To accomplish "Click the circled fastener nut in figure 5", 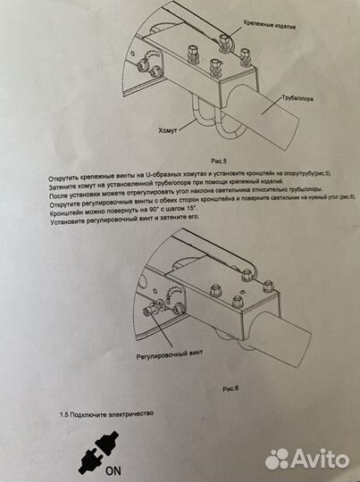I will pyautogui.click(x=223, y=38).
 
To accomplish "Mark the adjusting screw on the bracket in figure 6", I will pyautogui.click(x=153, y=308).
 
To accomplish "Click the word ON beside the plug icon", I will pyautogui.click(x=115, y=471).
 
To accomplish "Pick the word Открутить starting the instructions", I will pyautogui.click(x=67, y=178).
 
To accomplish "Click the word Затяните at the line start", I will pyautogui.click(x=64, y=187).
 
